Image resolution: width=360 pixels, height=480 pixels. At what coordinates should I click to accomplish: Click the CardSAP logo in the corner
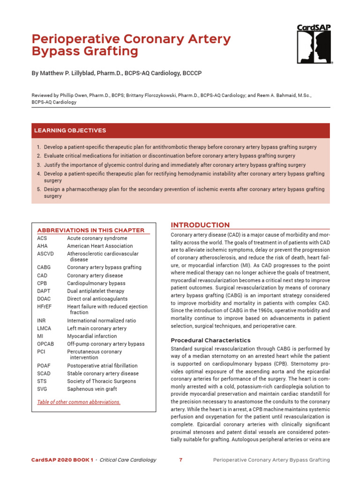coord(315,44)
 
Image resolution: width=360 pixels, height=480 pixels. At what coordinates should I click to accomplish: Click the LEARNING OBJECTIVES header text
coord(69,130)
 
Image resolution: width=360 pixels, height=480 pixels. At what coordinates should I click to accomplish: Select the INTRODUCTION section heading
coord(200,225)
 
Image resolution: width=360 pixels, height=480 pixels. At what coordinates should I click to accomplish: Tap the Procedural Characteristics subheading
coord(210,340)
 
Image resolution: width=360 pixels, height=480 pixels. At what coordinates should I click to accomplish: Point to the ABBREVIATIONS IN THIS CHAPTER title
coord(91,230)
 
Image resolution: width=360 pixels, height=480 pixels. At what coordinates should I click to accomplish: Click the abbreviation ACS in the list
coord(42,239)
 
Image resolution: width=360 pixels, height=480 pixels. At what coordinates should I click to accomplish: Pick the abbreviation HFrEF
coord(45,307)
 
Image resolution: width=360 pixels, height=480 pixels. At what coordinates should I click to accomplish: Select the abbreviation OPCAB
coord(45,344)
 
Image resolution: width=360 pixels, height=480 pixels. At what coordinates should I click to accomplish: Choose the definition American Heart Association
coord(100,246)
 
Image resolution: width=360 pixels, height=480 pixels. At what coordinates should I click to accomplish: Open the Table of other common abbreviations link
coord(79,402)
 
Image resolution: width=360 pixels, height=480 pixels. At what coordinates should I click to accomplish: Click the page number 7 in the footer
coord(180,460)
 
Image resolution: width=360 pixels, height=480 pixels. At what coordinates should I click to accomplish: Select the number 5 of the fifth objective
coord(38,189)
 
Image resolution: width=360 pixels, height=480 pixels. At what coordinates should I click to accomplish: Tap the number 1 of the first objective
coord(38,147)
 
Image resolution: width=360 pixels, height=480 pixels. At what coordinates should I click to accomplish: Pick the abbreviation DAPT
coord(44,291)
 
